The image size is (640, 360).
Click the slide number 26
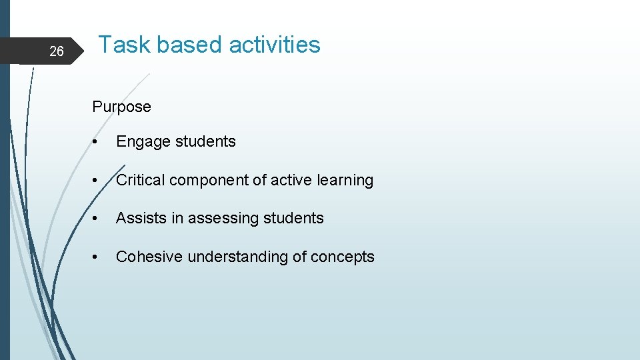point(57,51)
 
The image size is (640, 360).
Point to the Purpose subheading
point(121,107)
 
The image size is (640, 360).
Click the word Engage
point(143,142)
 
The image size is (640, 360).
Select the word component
point(203,181)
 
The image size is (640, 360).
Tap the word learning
point(345,181)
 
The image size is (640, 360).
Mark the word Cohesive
point(149,257)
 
